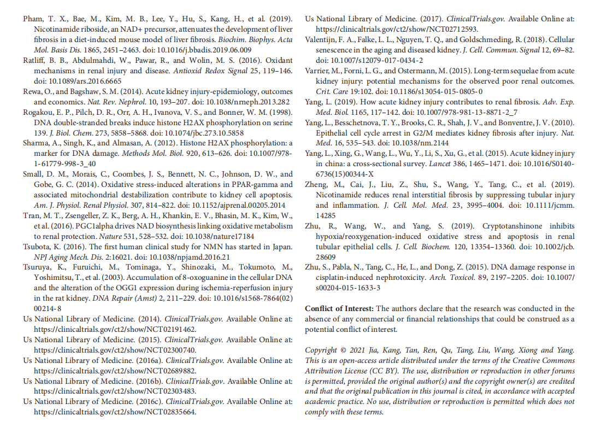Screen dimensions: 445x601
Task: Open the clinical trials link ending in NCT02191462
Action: [x=115, y=329]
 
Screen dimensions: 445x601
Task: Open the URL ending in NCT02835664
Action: [x=115, y=412]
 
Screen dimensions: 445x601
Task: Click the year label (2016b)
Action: [x=148, y=381]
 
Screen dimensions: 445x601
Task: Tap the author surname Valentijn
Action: [x=323, y=39]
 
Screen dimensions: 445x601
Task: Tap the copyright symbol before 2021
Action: [x=343, y=350]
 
